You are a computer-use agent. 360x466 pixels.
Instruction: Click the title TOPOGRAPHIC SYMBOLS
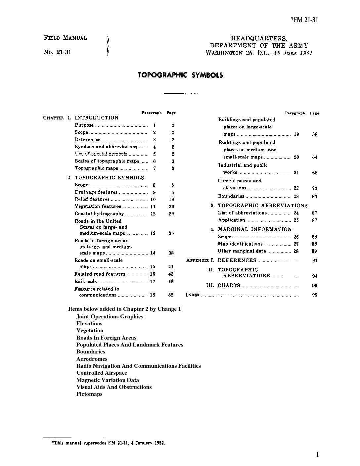click(x=180, y=75)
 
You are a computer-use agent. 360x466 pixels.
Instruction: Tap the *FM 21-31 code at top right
click(x=304, y=20)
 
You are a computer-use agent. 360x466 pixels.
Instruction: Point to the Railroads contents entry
click(x=85, y=282)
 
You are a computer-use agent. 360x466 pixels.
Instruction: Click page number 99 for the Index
click(x=314, y=295)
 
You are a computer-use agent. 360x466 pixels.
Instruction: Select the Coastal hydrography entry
click(x=99, y=214)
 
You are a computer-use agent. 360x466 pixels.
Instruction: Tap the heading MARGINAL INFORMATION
click(x=255, y=229)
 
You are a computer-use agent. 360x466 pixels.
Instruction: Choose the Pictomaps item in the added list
click(x=89, y=394)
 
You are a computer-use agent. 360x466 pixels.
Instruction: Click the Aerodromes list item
click(x=92, y=359)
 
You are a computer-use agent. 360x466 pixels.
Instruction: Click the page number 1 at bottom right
click(x=318, y=454)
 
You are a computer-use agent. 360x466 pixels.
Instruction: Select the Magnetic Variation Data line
click(x=108, y=380)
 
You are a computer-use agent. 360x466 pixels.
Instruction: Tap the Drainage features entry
click(x=96, y=192)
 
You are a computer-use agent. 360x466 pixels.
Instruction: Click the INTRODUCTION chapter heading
click(x=96, y=118)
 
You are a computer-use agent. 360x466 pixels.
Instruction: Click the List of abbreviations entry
click(x=242, y=213)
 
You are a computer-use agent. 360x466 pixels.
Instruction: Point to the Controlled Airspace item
click(x=102, y=373)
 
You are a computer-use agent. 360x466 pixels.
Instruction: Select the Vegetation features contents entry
click(x=98, y=207)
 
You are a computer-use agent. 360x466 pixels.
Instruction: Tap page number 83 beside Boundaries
click(x=314, y=197)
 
